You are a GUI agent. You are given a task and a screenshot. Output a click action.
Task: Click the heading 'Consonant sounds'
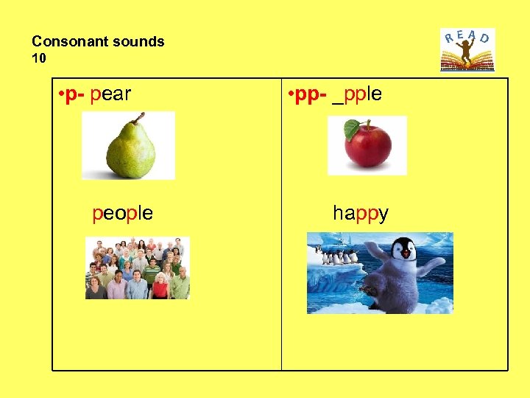click(x=98, y=42)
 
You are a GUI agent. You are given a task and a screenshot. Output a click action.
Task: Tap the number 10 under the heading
click(x=38, y=58)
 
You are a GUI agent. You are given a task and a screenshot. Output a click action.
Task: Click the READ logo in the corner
click(x=467, y=49)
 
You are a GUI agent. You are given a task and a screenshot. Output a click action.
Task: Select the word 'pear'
click(x=110, y=95)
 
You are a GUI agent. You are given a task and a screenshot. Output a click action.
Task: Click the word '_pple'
click(x=357, y=95)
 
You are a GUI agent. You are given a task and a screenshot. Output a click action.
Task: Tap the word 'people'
click(x=123, y=214)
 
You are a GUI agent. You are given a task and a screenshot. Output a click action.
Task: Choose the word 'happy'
click(x=361, y=214)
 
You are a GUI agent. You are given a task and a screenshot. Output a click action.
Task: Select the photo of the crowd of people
click(x=137, y=268)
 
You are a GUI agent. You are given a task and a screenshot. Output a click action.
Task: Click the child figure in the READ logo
click(x=467, y=50)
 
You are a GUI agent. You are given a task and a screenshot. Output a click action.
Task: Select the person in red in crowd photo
click(x=159, y=286)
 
